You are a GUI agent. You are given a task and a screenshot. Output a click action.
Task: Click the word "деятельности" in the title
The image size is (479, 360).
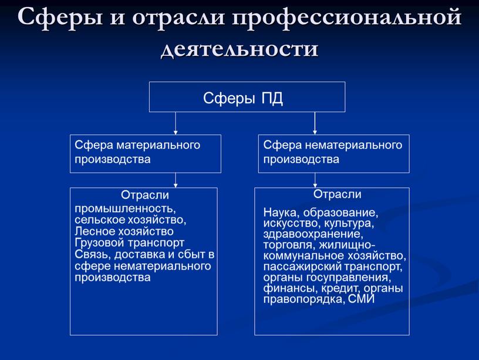(239, 48)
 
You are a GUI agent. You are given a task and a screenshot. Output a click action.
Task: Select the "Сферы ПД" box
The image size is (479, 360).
(247, 97)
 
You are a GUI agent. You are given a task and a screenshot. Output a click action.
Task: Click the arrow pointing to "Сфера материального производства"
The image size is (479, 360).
(176, 123)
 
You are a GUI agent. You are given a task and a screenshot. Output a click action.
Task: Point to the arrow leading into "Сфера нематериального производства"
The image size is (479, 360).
(315, 123)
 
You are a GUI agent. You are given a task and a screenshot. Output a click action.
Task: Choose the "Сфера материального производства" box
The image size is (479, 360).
(146, 153)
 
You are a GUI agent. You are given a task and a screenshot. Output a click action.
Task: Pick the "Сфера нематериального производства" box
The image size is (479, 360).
(333, 153)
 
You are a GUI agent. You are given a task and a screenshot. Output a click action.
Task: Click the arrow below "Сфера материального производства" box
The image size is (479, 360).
(176, 180)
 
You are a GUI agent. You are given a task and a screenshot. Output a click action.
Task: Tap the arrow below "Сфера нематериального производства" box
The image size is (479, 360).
(315, 180)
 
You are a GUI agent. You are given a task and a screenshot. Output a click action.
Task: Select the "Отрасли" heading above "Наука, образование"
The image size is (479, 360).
(338, 194)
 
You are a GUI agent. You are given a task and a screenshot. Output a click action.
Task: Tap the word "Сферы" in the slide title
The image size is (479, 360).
(53, 18)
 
